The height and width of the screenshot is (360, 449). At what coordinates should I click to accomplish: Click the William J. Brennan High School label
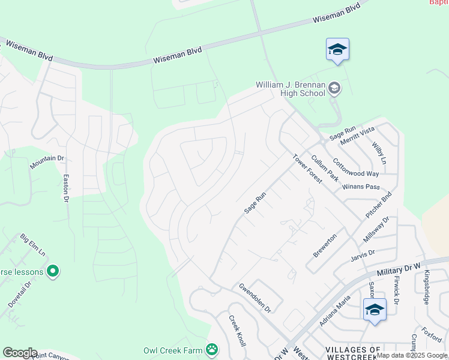290,89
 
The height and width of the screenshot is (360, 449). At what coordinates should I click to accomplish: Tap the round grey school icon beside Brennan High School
334,89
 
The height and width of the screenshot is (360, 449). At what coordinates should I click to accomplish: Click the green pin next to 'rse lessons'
53,272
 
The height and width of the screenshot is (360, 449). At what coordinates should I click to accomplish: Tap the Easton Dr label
66,188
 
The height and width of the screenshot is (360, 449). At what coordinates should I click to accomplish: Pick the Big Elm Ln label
32,245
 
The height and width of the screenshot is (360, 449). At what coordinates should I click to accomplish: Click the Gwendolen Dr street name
255,298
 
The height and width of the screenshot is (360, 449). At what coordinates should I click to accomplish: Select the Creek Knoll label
237,330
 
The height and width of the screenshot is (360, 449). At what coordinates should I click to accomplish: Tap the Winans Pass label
361,187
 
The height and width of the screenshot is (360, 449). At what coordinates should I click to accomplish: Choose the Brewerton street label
325,246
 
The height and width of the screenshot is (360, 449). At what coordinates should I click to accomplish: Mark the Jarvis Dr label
363,256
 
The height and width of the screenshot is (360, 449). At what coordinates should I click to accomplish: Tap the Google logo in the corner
20,353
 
